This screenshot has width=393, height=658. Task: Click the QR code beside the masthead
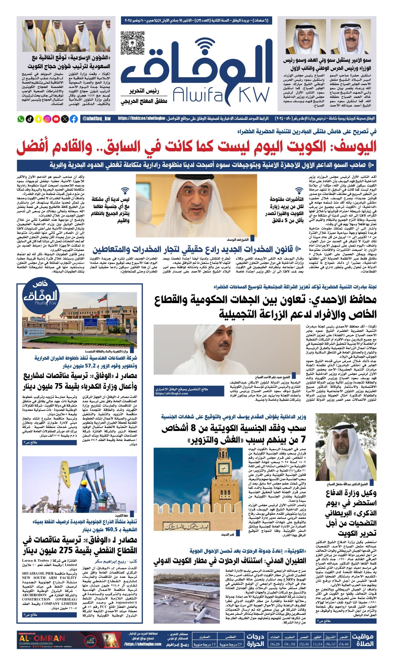click(x=132, y=43)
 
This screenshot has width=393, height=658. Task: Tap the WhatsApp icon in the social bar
click(x=21, y=119)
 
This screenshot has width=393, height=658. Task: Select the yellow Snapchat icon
click(x=38, y=119)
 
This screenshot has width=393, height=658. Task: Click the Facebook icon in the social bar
click(x=74, y=119)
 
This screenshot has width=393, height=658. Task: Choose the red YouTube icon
click(x=56, y=119)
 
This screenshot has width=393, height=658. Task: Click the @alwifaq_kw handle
click(x=96, y=119)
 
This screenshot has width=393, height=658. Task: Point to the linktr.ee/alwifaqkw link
click(x=142, y=118)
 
